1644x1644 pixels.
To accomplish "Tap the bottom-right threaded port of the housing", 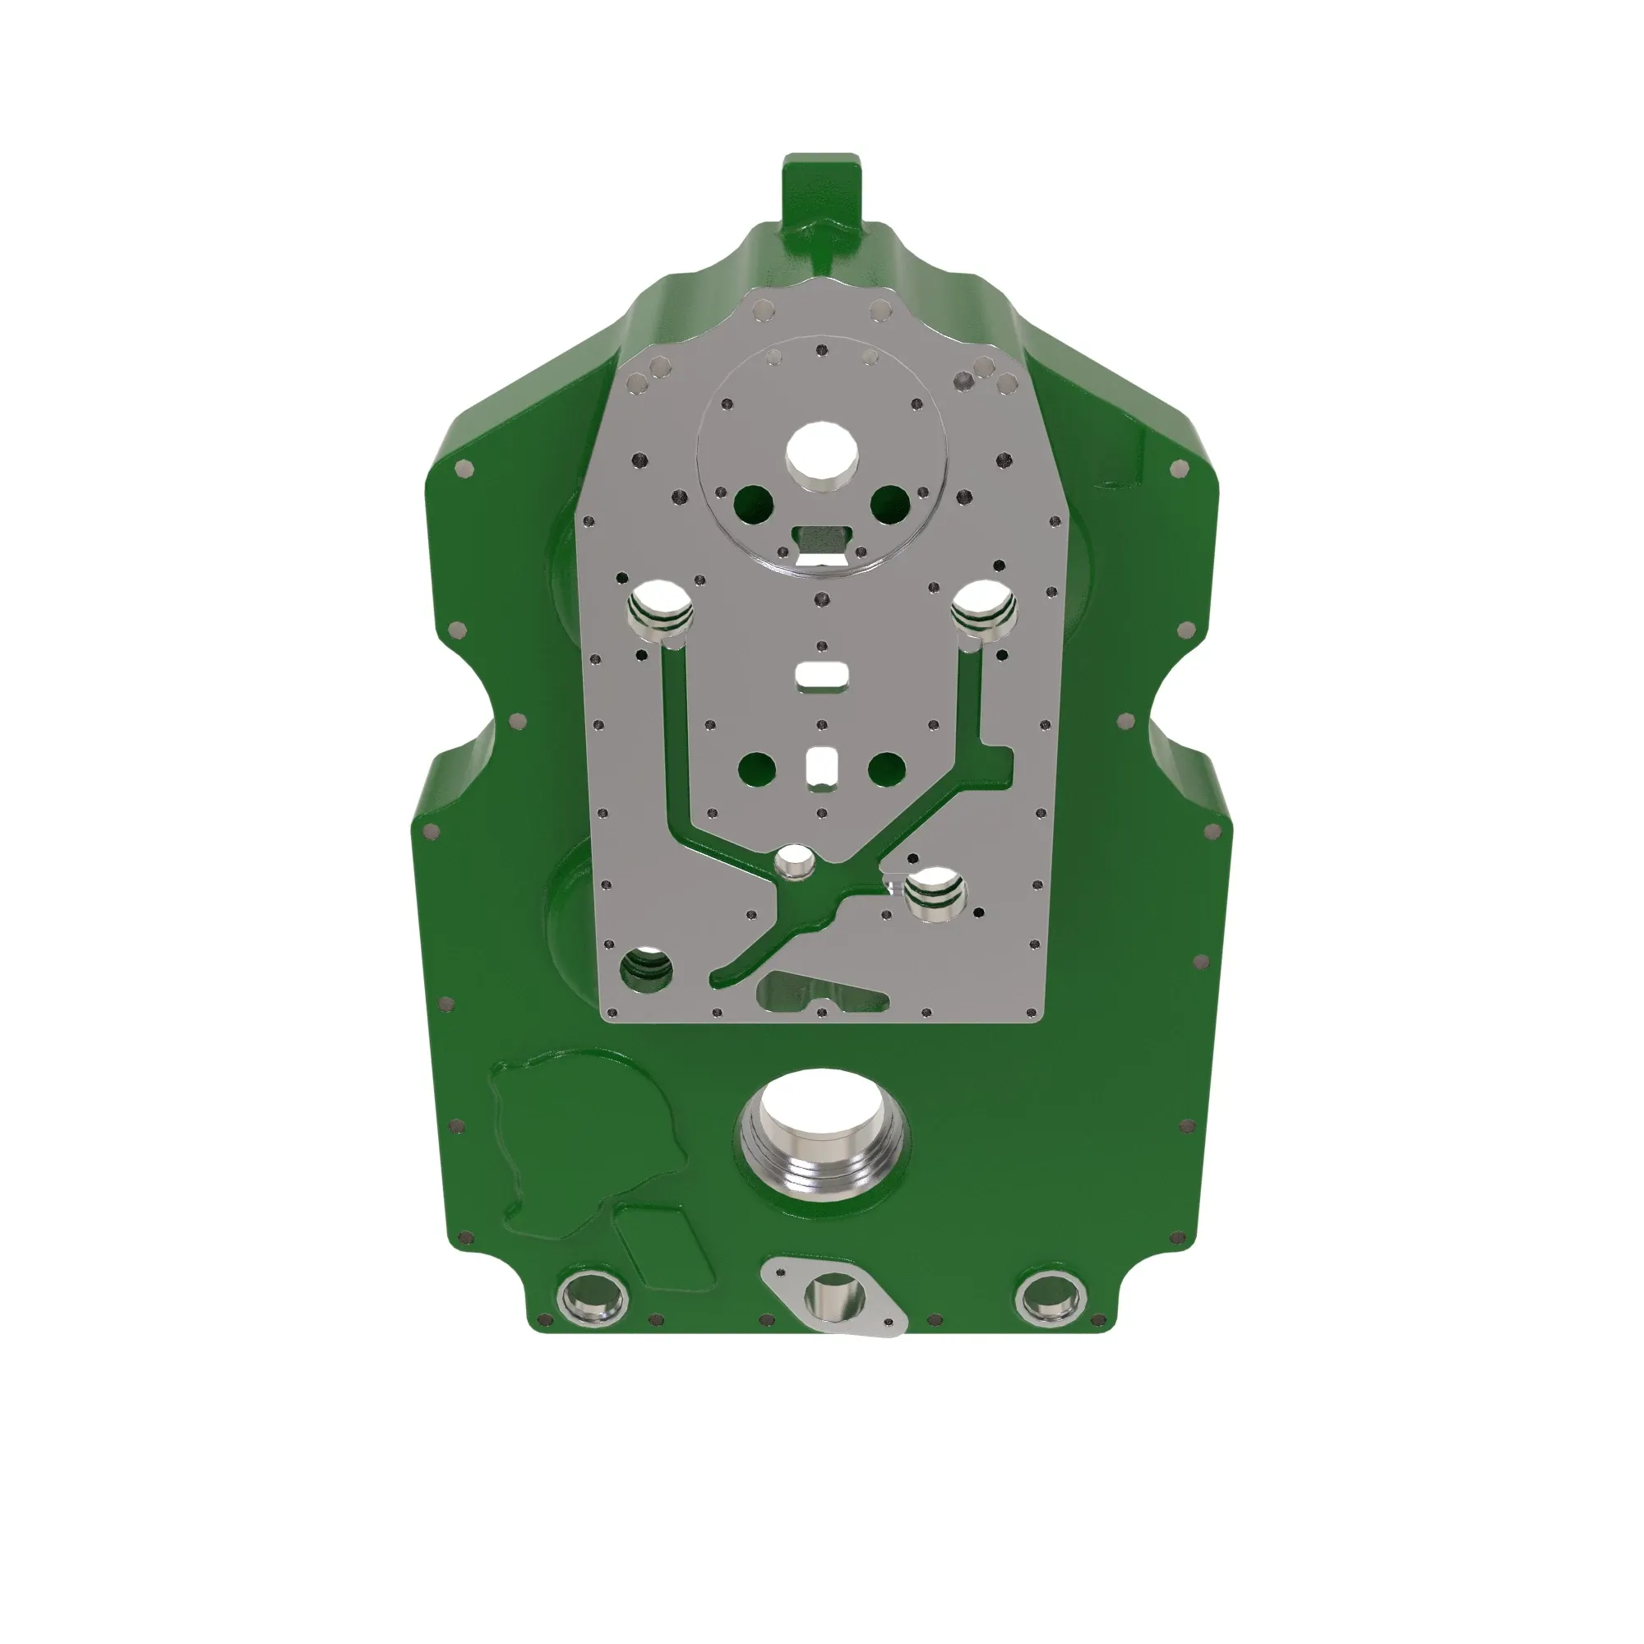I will coord(1051,1296).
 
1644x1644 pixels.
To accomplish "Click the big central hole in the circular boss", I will coord(821,452).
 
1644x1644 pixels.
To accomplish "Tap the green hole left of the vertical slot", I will coord(756,769).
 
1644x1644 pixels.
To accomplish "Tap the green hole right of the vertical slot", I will coord(886,769).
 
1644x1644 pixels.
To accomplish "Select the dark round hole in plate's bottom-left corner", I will coord(647,968).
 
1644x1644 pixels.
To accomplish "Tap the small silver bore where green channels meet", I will coord(794,861).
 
